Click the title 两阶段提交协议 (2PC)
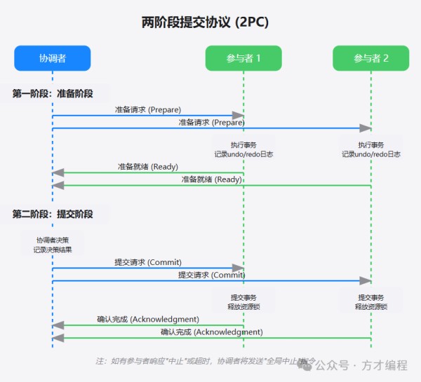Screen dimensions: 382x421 click(x=205, y=23)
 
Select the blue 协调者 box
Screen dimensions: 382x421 click(x=53, y=58)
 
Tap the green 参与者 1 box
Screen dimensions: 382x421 click(x=243, y=58)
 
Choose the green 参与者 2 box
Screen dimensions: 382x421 click(x=370, y=58)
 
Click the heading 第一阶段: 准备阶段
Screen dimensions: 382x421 click(x=53, y=93)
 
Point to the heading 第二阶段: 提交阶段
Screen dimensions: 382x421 click(x=53, y=214)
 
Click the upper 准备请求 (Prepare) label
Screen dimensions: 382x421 click(x=148, y=110)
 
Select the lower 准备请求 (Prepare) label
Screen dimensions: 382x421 click(x=212, y=122)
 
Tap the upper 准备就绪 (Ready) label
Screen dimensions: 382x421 click(x=148, y=167)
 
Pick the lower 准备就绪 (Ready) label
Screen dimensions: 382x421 click(x=212, y=179)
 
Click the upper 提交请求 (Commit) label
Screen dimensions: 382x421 click(x=148, y=262)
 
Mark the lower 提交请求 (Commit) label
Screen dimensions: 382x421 click(x=212, y=275)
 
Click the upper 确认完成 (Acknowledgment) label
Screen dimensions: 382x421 click(x=148, y=319)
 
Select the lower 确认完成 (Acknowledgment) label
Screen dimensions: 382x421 click(x=212, y=332)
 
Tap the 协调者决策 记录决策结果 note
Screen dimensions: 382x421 click(x=53, y=244)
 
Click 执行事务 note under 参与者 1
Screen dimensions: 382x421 click(x=243, y=149)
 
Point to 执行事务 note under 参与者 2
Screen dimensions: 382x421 click(x=370, y=149)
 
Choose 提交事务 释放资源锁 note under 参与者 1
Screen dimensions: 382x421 click(x=243, y=301)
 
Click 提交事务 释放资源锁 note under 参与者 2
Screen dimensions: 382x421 click(x=370, y=301)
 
